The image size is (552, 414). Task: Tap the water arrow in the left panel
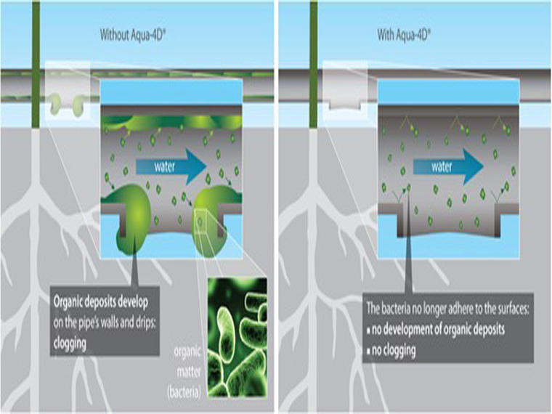tap(174, 167)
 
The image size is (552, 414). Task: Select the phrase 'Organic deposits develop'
tap(103, 299)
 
